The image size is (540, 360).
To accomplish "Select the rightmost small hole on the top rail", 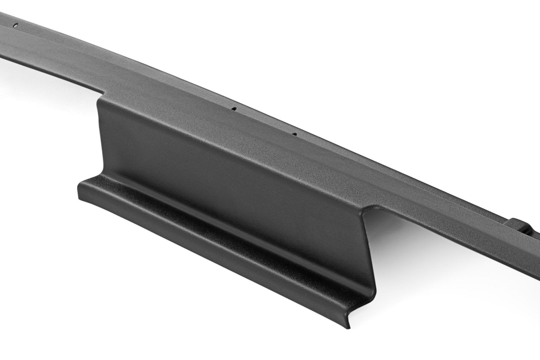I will coord(295,134).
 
